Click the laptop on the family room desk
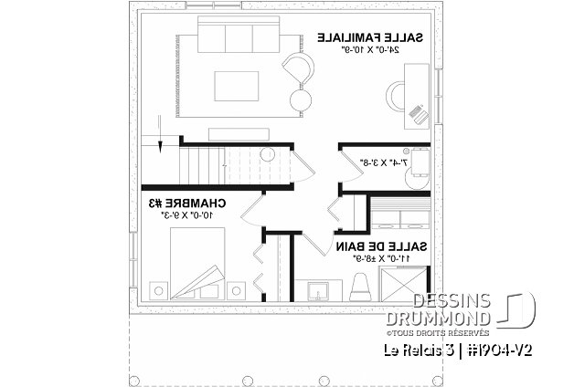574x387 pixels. click(x=420, y=112)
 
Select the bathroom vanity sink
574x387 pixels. click(x=322, y=290)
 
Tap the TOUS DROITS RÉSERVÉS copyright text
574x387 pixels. click(x=456, y=332)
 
